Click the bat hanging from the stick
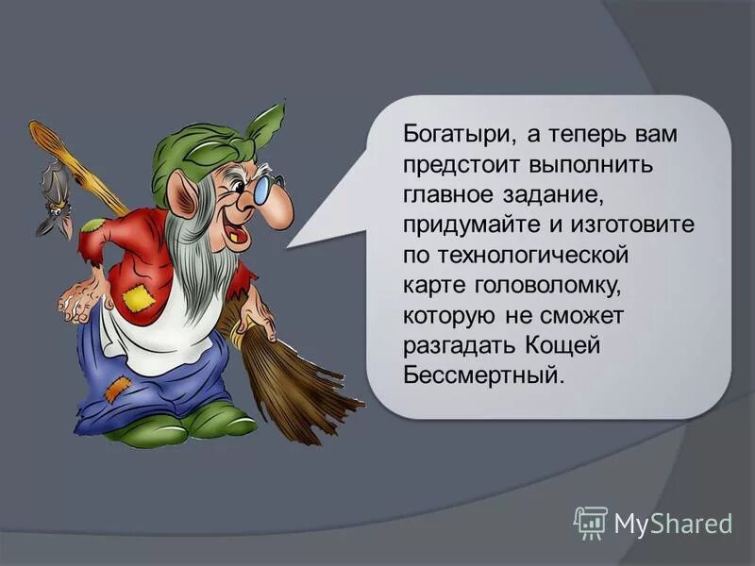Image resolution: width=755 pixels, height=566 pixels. (54, 198)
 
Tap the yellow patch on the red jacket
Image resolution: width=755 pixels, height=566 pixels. (138, 299)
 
